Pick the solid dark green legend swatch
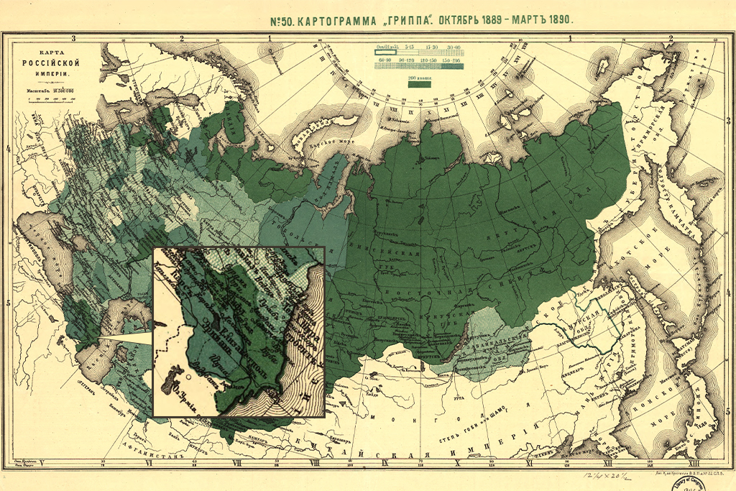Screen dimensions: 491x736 pyautogui.click(x=420, y=84)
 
